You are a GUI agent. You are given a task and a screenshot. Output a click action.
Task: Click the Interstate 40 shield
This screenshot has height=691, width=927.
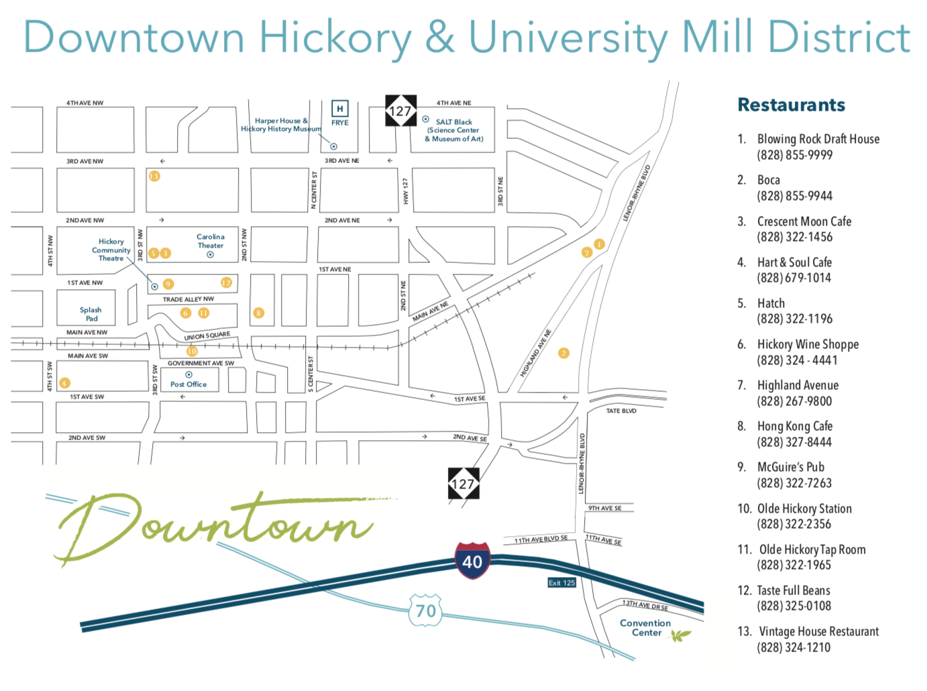pos(472,560)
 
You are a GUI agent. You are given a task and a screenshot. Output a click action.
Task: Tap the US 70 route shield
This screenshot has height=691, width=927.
pos(425,610)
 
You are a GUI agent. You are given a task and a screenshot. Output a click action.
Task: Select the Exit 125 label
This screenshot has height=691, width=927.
pos(561,582)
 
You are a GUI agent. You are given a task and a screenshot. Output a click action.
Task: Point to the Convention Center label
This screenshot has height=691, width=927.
pos(645,628)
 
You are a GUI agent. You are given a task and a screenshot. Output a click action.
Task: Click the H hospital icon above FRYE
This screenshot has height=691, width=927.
pos(340,109)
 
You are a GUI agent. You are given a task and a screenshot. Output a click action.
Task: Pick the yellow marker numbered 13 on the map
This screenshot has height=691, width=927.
pos(154,176)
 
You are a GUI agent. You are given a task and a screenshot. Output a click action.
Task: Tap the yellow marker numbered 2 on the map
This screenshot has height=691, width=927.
pos(563,353)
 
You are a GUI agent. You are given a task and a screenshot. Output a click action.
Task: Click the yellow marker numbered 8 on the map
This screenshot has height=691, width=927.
pos(258,313)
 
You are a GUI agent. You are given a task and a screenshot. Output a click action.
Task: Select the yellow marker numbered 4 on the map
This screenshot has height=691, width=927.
pos(64,383)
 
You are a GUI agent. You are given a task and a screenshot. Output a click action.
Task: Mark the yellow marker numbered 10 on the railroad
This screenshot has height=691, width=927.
pos(192,351)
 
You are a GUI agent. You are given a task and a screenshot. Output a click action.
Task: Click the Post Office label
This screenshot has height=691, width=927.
pos(188,384)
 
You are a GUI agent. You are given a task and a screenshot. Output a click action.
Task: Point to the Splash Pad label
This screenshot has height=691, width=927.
pos(91,314)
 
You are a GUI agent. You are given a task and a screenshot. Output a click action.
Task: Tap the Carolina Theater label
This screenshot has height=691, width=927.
pos(210,241)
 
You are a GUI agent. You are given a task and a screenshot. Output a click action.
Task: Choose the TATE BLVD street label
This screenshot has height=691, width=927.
pos(621,411)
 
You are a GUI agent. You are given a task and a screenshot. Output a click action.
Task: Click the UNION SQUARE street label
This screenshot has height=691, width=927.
pos(207,335)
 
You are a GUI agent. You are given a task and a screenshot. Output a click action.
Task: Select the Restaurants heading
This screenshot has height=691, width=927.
pos(791,105)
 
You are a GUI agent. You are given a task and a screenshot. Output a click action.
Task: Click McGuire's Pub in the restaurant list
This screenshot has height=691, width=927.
pos(790,467)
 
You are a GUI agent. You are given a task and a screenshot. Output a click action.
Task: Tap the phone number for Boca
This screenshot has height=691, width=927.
pos(794,196)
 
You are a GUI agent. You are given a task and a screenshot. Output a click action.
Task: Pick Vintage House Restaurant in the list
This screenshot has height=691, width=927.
pos(818,631)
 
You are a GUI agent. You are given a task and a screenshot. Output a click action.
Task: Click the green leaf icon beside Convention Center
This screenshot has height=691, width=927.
pos(681,635)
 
